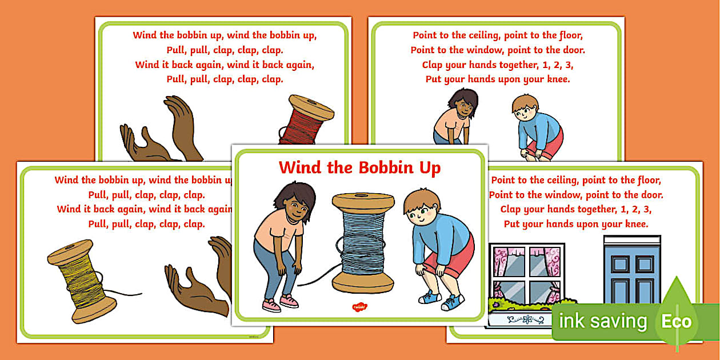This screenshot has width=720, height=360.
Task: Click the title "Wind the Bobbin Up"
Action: (359, 167)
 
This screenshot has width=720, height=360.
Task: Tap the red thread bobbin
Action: (306, 119)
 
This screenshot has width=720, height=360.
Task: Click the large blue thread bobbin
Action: (363, 243)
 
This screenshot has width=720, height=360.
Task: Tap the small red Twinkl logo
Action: (359, 307)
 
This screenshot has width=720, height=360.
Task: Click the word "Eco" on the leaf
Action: (677, 322)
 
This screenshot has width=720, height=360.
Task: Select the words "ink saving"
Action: (603, 321)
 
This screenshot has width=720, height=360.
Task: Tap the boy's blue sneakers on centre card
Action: (441, 300)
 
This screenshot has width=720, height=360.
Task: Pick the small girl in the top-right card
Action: (455, 117)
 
